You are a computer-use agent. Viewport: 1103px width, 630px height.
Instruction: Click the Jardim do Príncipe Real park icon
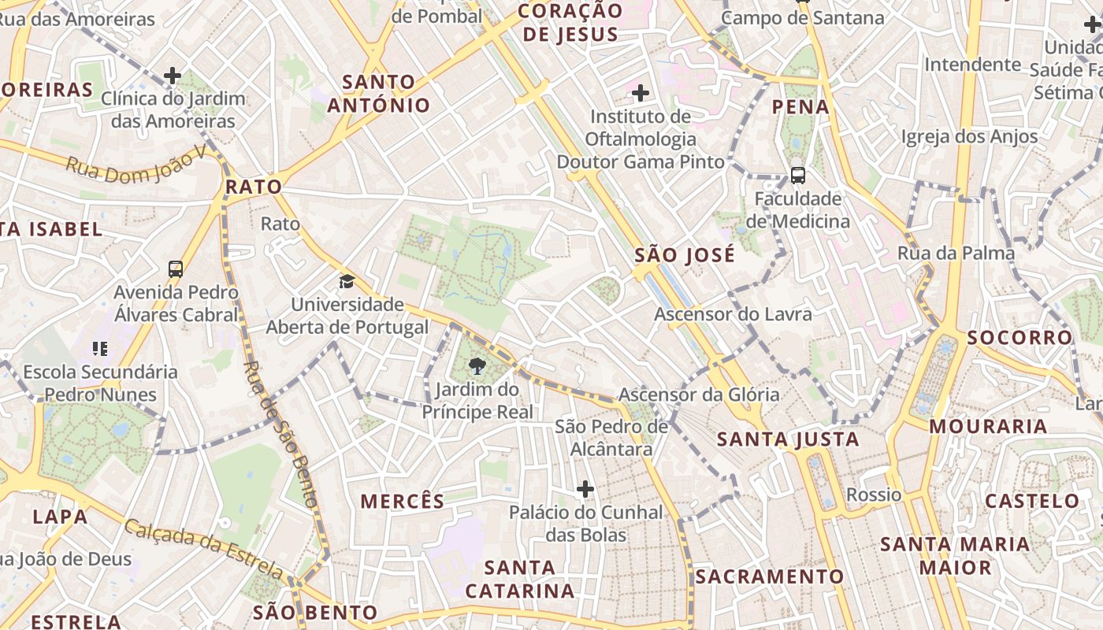[476, 365]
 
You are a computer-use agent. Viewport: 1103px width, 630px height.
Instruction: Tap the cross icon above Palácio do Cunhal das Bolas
[585, 489]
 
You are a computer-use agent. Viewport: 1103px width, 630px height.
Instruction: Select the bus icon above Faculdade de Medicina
[797, 175]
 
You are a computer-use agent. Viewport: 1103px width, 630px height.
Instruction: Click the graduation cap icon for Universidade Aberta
[347, 281]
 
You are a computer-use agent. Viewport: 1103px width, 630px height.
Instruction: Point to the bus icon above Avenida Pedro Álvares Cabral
[176, 269]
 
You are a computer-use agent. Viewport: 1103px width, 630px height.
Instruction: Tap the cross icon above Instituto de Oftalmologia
[641, 94]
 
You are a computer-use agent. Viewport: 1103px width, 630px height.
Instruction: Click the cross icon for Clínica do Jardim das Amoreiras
[173, 76]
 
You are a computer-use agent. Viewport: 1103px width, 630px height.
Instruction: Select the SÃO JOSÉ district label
[685, 255]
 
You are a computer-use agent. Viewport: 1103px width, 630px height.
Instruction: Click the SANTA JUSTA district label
[788, 439]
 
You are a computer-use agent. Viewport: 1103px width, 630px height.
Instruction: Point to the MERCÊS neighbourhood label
[403, 501]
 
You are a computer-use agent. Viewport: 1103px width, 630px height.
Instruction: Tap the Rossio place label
[874, 495]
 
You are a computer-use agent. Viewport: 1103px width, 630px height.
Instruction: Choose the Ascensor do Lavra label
[733, 314]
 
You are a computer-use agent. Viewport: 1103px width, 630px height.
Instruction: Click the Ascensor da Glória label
[699, 395]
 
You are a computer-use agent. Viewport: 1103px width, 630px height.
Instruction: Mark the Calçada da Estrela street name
[204, 548]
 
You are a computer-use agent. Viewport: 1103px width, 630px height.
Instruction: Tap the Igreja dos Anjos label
[970, 136]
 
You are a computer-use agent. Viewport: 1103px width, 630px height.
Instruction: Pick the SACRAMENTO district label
[769, 576]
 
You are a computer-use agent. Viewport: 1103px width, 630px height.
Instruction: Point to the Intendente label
[973, 64]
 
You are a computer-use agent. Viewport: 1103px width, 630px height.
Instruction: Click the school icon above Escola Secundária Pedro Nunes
[100, 347]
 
